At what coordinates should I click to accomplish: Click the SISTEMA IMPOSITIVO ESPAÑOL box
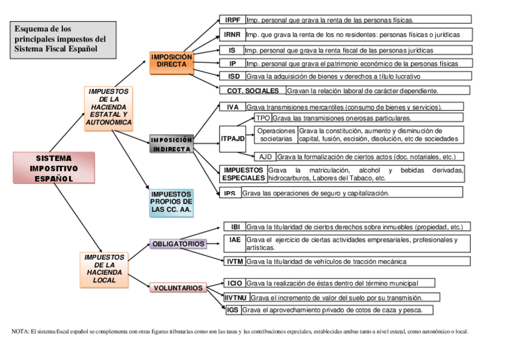tap(54, 168)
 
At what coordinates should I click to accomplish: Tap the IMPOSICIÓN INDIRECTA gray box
tap(171, 144)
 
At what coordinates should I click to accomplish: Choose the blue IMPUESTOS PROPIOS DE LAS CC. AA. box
tap(171, 203)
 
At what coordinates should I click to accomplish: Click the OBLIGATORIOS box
tap(178, 244)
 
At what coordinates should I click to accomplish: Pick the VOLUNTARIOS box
tap(178, 288)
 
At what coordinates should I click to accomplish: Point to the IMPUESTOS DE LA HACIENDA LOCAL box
tap(105, 269)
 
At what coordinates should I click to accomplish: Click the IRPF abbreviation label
tap(232, 20)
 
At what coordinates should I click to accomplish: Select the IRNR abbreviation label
tap(232, 34)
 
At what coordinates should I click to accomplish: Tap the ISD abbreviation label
tap(234, 76)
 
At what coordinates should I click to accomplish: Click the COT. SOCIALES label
tap(253, 91)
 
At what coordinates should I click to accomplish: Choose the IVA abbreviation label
tap(233, 107)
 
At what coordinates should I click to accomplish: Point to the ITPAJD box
tap(233, 139)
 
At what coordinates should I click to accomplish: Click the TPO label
tap(263, 118)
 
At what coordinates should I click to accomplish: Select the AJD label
tap(266, 157)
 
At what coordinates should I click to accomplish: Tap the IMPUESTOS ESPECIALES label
tap(243, 174)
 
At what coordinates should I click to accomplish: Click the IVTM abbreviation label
tap(235, 261)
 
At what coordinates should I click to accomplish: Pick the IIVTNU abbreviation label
tap(236, 297)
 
